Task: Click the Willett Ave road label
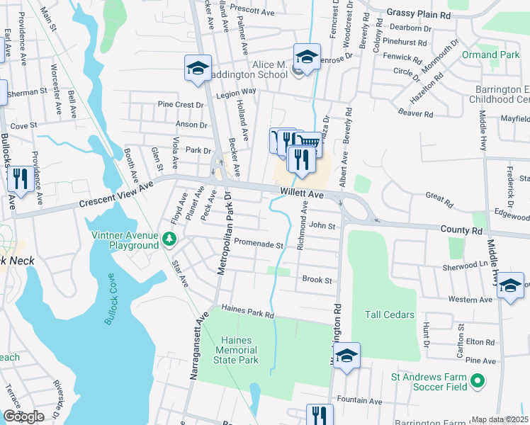(x=301, y=193)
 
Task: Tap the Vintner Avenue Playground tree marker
(x=169, y=239)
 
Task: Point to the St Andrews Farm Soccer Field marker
(x=478, y=382)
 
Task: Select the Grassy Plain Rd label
(x=419, y=13)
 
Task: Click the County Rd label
(x=461, y=231)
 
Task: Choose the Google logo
(x=23, y=416)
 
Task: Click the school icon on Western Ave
(x=510, y=285)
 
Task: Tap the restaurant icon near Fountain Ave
(x=319, y=414)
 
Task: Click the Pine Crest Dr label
(x=181, y=104)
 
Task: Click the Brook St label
(x=317, y=280)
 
